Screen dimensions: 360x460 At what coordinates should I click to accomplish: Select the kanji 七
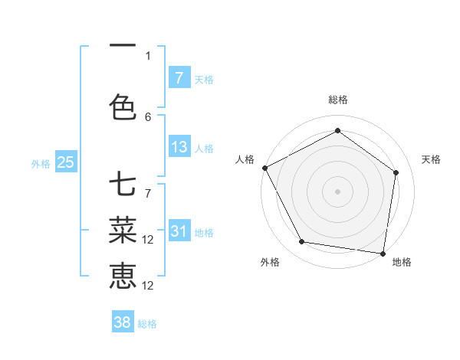point(123,185)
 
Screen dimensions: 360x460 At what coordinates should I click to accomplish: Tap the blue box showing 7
point(179,78)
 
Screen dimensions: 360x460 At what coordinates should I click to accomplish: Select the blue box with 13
point(179,147)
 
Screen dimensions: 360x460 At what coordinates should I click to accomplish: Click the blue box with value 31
point(179,231)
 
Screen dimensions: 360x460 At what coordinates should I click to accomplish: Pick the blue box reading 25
point(65,162)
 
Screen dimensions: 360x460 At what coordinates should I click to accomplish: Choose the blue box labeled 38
point(123,322)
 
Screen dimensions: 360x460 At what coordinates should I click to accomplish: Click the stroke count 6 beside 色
point(148,116)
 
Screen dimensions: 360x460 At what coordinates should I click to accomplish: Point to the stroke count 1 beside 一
point(148,55)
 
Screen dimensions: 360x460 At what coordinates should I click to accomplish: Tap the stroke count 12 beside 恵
point(149,285)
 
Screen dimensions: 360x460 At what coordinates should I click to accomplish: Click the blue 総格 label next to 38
point(147,324)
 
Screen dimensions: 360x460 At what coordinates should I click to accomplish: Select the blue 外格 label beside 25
point(41,163)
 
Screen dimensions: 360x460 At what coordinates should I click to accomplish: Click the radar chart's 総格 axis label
point(337,100)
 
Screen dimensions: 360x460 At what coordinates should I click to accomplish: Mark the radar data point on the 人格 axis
point(264,168)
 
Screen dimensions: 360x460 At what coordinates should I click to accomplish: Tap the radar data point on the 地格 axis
point(383,253)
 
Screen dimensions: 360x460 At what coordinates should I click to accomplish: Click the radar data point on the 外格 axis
point(302,242)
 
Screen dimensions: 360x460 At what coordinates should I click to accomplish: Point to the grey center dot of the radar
point(337,191)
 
